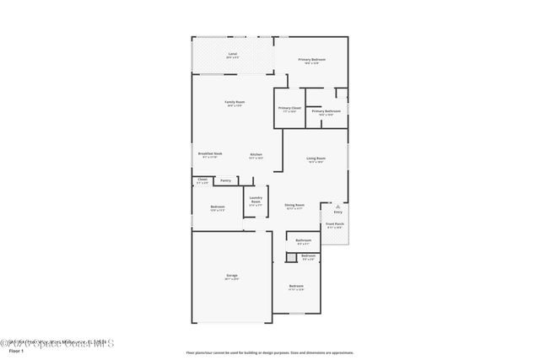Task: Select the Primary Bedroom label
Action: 311,60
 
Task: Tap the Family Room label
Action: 234,102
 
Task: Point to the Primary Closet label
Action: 289,108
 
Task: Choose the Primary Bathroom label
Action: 326,110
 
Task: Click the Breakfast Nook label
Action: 210,153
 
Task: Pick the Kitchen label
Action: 256,154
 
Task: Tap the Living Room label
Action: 316,159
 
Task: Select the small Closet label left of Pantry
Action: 202,179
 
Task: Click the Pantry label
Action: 225,180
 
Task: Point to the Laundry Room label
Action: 256,200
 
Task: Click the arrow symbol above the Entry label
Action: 337,206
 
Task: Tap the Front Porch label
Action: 335,224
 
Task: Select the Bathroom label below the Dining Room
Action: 304,240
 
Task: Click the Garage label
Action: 231,276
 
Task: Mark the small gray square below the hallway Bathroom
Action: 290,257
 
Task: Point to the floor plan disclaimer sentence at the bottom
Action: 269,352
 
